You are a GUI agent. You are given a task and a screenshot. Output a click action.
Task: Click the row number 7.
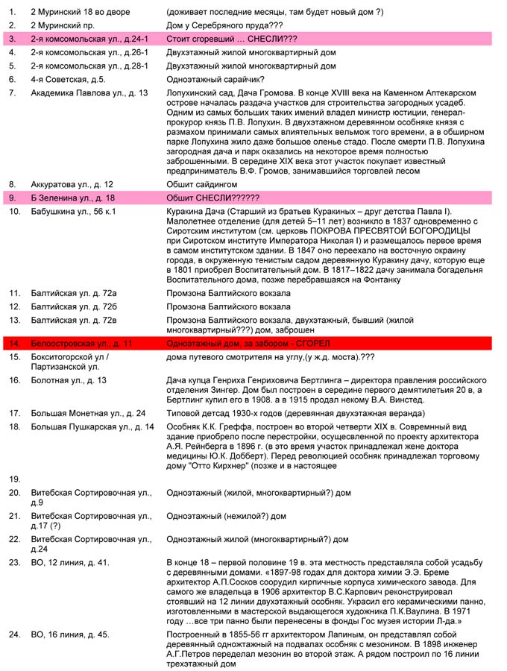[x=12, y=92]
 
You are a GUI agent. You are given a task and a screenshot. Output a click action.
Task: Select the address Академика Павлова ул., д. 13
[x=89, y=92]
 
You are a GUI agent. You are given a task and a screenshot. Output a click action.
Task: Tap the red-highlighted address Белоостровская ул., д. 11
[x=81, y=343]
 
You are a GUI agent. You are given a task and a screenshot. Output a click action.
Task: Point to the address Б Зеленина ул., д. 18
[x=72, y=198]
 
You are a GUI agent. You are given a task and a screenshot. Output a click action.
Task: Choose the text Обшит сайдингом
[x=201, y=184]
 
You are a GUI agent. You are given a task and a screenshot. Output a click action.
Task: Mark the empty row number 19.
[x=14, y=478]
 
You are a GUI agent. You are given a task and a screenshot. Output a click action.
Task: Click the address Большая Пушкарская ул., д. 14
[x=92, y=426]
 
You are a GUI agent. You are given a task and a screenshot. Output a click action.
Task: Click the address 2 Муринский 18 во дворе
[x=80, y=12]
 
